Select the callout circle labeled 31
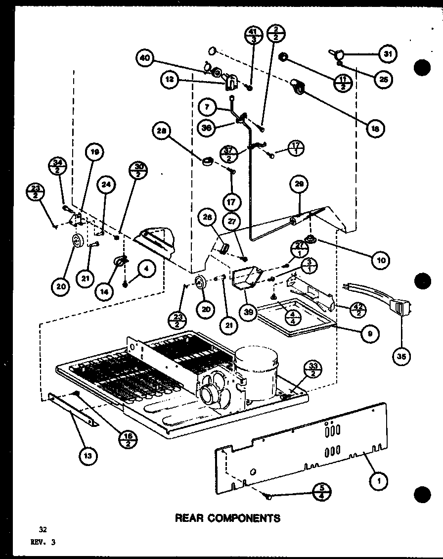[387, 54]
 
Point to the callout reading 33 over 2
[314, 369]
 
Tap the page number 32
[34, 528]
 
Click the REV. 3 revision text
[43, 542]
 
